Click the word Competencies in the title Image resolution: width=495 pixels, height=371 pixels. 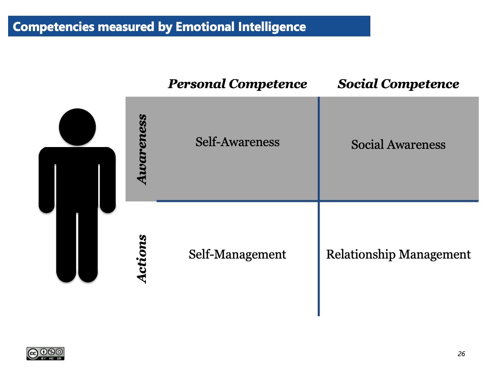[x=54, y=27]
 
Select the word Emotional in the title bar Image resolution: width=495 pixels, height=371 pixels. [x=205, y=27]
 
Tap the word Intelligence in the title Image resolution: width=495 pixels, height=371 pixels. [x=272, y=27]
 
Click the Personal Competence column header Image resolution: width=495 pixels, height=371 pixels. [x=238, y=84]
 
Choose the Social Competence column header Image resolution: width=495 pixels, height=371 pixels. [x=398, y=84]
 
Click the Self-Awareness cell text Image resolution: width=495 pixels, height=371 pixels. [x=238, y=142]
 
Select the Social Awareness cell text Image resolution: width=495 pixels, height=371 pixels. [x=398, y=144]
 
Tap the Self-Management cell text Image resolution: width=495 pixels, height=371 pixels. [x=238, y=255]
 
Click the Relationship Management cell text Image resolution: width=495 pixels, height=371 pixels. [x=398, y=255]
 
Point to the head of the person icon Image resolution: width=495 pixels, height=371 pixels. [x=77, y=127]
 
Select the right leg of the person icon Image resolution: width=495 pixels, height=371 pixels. [x=88, y=246]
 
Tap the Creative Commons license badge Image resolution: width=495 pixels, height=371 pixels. [x=45, y=353]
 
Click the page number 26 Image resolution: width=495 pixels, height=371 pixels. [x=461, y=354]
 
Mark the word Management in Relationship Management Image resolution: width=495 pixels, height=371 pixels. [x=435, y=255]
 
